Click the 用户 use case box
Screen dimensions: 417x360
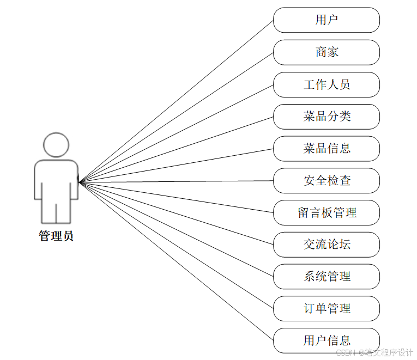click(326, 20)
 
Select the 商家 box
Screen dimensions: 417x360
click(326, 52)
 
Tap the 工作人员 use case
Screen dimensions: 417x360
click(326, 84)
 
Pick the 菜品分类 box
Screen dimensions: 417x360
click(326, 117)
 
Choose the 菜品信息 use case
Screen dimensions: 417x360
click(326, 148)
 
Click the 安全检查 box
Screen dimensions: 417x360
click(326, 180)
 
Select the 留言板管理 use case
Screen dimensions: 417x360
click(326, 212)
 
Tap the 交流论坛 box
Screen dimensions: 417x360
click(326, 245)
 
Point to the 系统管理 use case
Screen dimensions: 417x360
click(326, 277)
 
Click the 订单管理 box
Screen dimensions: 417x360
click(326, 309)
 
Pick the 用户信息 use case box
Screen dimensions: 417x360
click(326, 340)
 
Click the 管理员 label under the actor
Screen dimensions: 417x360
click(56, 236)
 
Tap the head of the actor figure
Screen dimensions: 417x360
click(56, 145)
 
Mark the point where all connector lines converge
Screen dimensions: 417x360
click(80, 182)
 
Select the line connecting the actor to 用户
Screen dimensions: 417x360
click(176, 101)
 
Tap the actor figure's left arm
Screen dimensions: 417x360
click(39, 182)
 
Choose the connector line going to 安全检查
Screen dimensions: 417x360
click(176, 181)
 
